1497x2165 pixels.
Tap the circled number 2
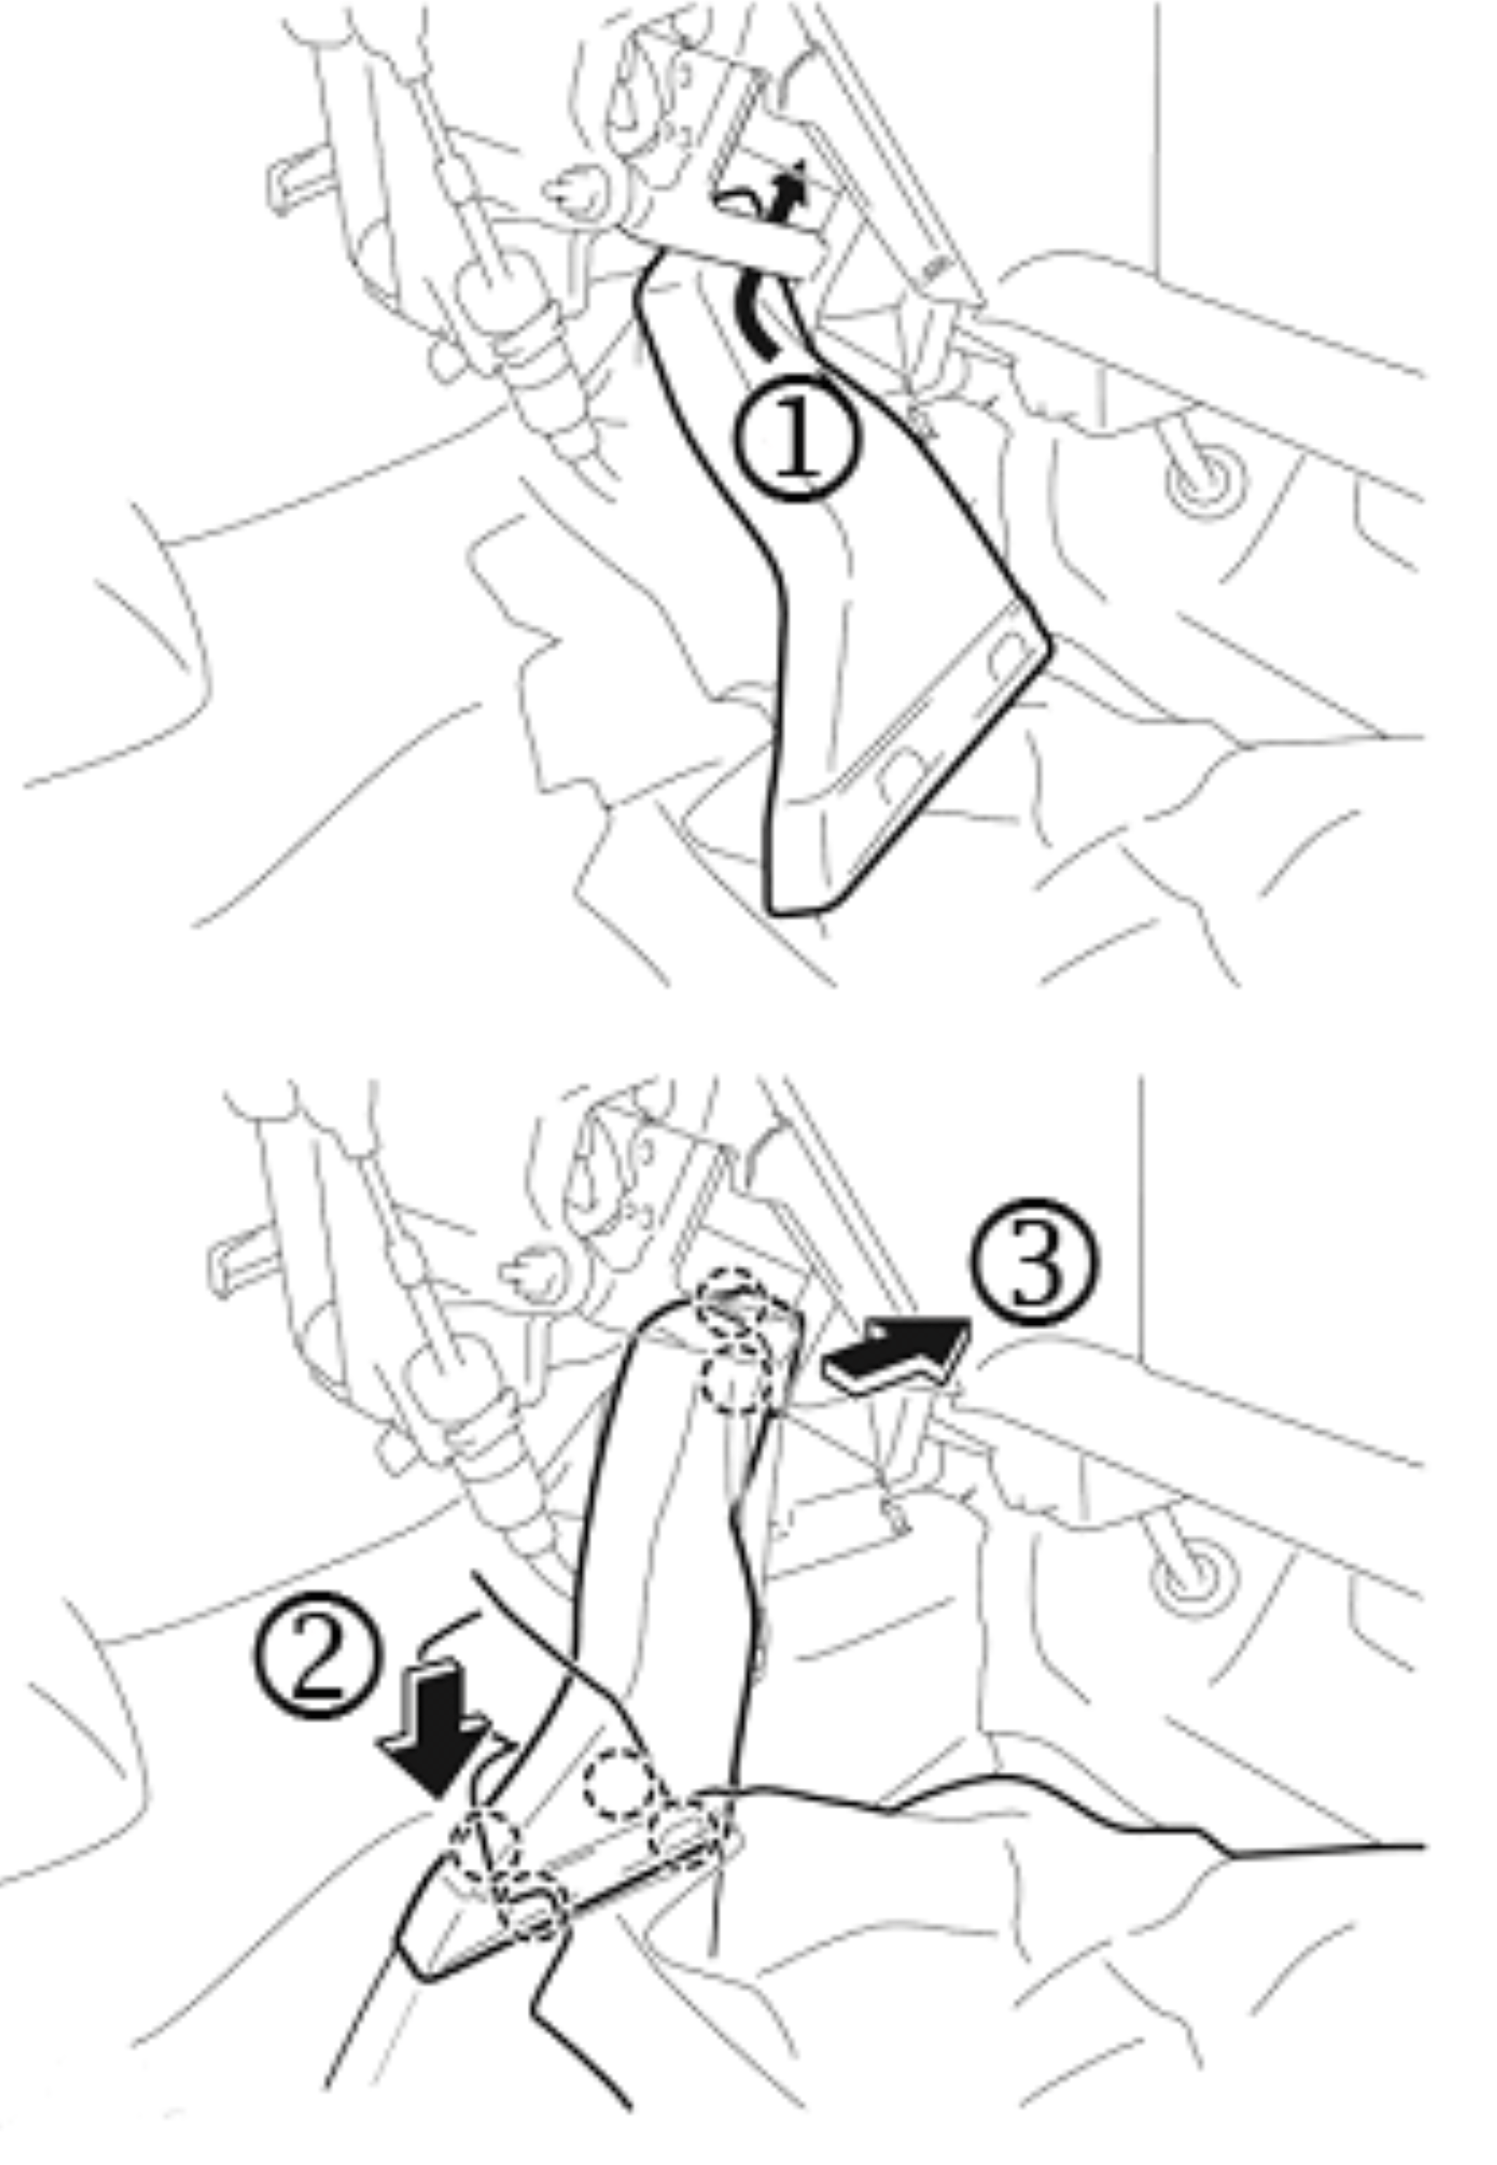(318, 1653)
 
